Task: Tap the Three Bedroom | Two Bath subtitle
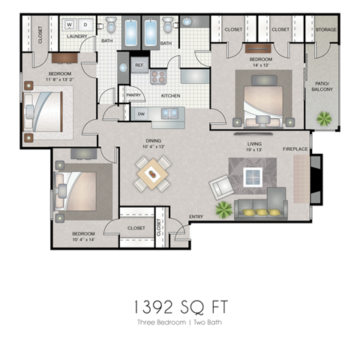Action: (180, 322)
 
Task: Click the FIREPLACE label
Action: (295, 149)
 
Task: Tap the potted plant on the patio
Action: (325, 118)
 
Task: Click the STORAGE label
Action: (326, 30)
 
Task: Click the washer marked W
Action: (69, 24)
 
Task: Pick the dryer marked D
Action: (84, 24)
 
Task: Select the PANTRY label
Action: (133, 95)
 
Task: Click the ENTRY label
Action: (196, 217)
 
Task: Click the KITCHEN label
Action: (170, 96)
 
